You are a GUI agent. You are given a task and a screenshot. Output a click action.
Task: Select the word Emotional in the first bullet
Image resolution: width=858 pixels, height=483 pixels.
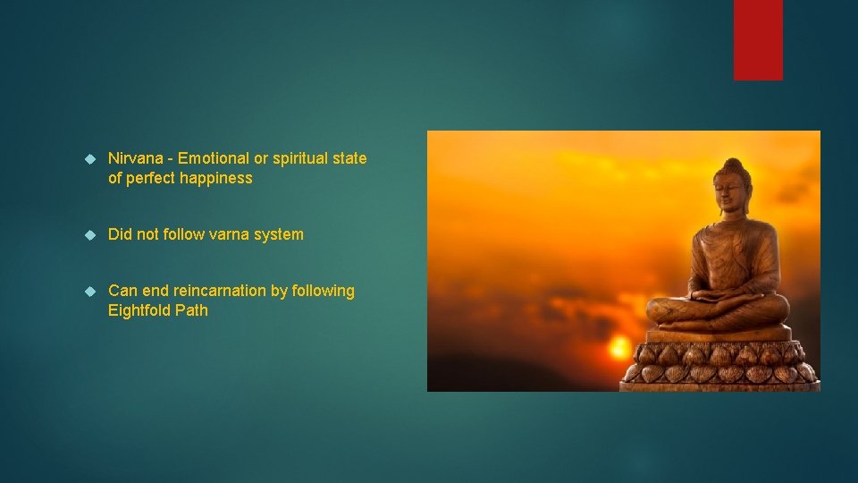[213, 158]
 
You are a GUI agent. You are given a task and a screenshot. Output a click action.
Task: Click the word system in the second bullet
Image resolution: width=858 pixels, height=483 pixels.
[280, 234]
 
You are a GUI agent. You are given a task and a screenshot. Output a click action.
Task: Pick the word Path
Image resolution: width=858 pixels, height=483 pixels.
[193, 310]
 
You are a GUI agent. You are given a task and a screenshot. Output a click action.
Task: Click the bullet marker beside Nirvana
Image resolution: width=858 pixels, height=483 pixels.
[88, 158]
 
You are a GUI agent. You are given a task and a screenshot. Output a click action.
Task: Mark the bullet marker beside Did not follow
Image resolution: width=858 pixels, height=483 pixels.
[88, 234]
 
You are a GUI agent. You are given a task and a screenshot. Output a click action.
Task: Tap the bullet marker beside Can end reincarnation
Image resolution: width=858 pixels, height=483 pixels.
[88, 291]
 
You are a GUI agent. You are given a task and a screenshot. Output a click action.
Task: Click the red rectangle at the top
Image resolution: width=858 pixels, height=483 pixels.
[758, 39]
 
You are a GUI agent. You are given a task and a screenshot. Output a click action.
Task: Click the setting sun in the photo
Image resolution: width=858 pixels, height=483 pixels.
[618, 344]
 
